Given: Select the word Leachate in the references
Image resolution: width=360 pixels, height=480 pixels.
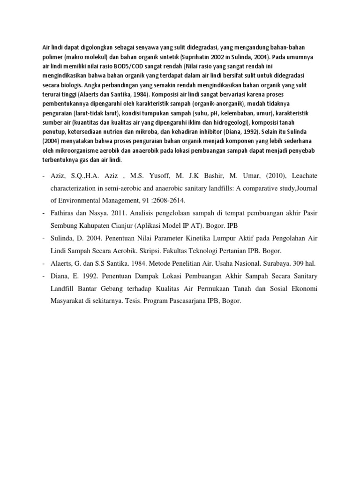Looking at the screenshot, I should pos(304,176).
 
